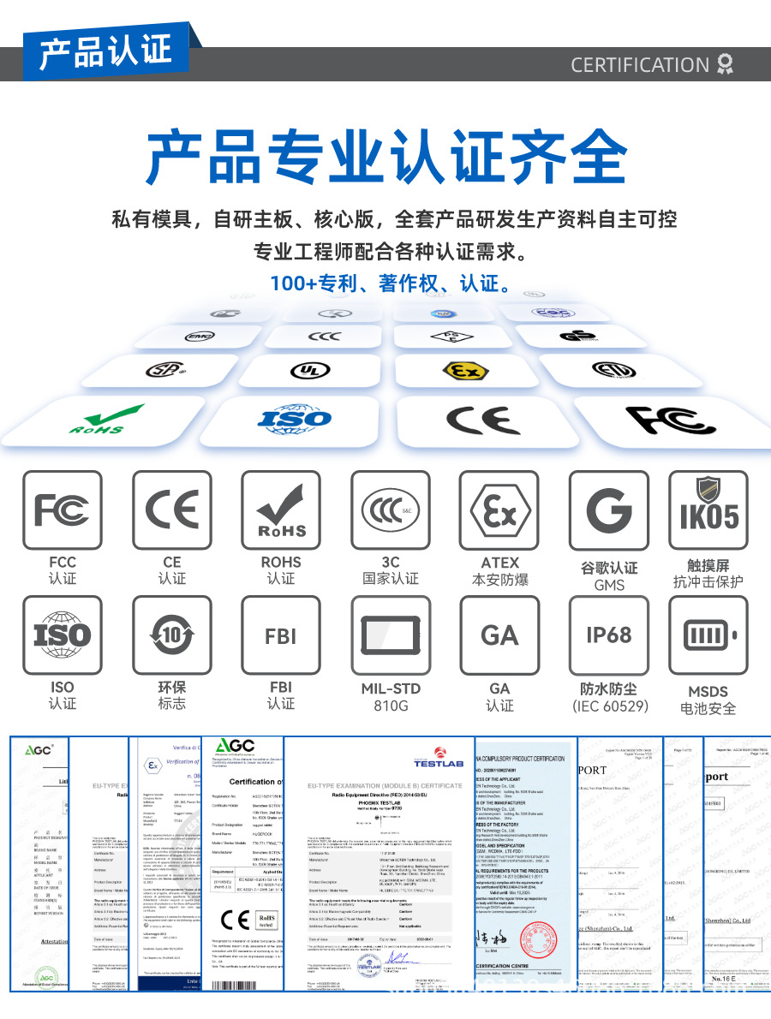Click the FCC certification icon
tap(63, 509)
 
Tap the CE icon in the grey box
tap(171, 509)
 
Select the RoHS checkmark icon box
tap(281, 509)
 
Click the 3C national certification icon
tap(390, 509)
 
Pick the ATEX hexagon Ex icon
tap(499, 509)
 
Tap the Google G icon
tap(609, 509)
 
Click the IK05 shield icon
tap(708, 509)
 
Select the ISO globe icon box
tap(63, 635)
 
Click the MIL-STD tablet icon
tap(390, 635)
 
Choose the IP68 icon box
tap(609, 635)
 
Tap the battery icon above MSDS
tap(708, 635)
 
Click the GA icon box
tap(499, 635)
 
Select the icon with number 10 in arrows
tap(171, 635)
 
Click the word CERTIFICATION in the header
tap(640, 65)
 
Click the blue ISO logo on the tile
tap(294, 419)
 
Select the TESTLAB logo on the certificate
tap(438, 757)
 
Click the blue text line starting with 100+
tap(385, 283)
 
